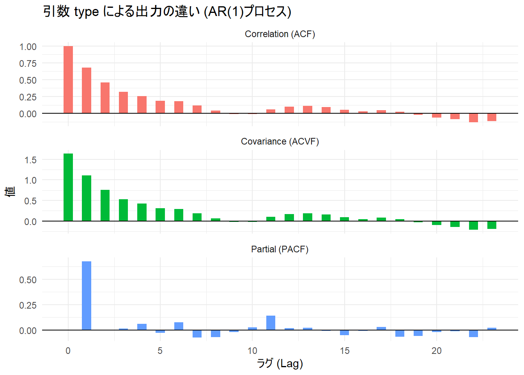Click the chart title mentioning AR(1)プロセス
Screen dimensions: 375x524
click(167, 12)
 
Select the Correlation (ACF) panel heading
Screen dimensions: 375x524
click(280, 34)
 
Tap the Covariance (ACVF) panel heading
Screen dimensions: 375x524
click(280, 142)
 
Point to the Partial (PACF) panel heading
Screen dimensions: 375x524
click(280, 249)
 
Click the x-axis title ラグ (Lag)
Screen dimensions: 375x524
click(280, 364)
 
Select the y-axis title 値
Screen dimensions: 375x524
click(11, 191)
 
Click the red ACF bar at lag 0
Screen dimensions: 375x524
click(68, 80)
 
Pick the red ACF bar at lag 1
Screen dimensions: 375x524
click(87, 91)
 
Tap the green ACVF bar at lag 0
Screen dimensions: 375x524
click(68, 187)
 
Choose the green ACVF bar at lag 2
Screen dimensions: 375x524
click(105, 205)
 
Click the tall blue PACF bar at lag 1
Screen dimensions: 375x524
click(87, 296)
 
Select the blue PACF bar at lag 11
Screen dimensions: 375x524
click(271, 323)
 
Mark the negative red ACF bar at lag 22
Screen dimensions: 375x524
click(473, 118)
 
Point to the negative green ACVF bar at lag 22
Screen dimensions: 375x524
click(473, 225)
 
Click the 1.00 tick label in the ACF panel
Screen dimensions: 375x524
click(28, 47)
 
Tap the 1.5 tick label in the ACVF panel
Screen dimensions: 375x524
click(30, 160)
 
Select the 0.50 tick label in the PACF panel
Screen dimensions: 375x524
click(28, 280)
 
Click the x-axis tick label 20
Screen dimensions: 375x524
click(436, 351)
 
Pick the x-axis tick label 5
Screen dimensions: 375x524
click(160, 351)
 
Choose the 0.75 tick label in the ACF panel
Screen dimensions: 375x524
click(28, 64)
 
